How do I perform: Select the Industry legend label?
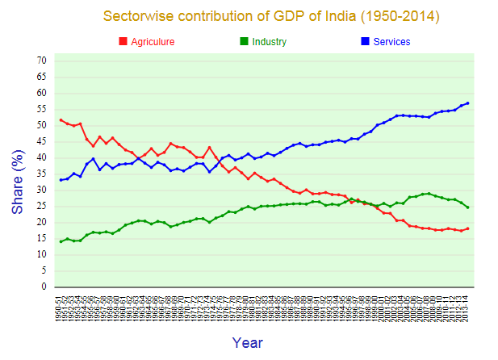click(269, 42)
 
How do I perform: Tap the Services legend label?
click(391, 42)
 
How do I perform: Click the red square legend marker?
click(123, 42)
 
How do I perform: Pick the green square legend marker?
click(244, 42)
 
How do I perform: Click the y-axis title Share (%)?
click(18, 174)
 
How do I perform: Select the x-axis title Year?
click(247, 343)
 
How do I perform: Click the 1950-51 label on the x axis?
click(61, 308)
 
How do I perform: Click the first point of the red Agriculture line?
click(61, 119)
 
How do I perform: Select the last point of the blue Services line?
click(467, 103)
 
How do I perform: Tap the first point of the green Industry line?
click(61, 241)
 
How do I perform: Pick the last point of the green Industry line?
click(467, 207)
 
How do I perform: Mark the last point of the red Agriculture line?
click(467, 228)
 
